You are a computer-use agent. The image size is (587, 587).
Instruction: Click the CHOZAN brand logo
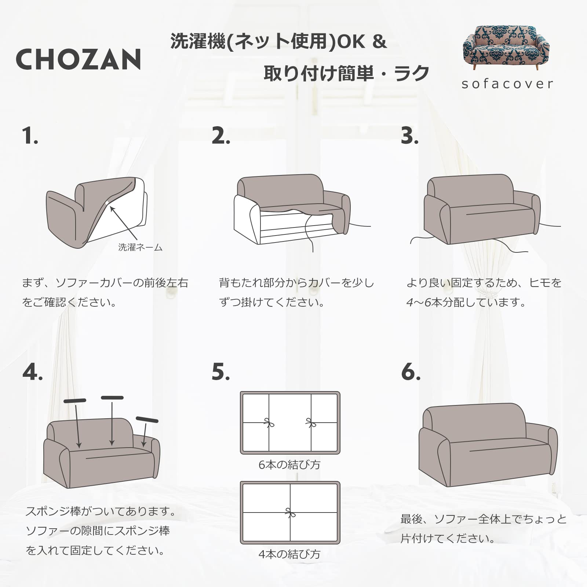(x=79, y=59)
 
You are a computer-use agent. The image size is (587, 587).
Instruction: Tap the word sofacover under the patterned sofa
(x=507, y=84)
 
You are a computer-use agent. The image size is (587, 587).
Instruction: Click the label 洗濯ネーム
(x=141, y=247)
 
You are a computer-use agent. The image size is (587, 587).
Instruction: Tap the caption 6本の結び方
(x=289, y=465)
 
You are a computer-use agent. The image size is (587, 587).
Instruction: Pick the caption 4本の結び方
(x=289, y=554)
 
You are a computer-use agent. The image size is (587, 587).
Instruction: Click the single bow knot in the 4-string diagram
(x=290, y=513)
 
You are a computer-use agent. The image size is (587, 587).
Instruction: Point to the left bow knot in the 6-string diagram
(x=269, y=423)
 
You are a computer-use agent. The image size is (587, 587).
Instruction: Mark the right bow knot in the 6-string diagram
(x=311, y=423)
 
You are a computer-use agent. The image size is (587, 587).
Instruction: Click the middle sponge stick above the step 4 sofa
(x=112, y=398)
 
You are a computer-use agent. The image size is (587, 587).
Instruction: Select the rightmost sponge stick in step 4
(x=147, y=420)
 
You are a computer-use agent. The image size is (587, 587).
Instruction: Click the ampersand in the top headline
(x=380, y=42)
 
